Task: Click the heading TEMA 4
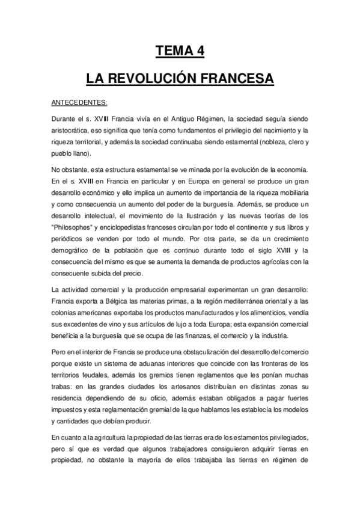click(x=180, y=52)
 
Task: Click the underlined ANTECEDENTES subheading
click(x=79, y=103)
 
